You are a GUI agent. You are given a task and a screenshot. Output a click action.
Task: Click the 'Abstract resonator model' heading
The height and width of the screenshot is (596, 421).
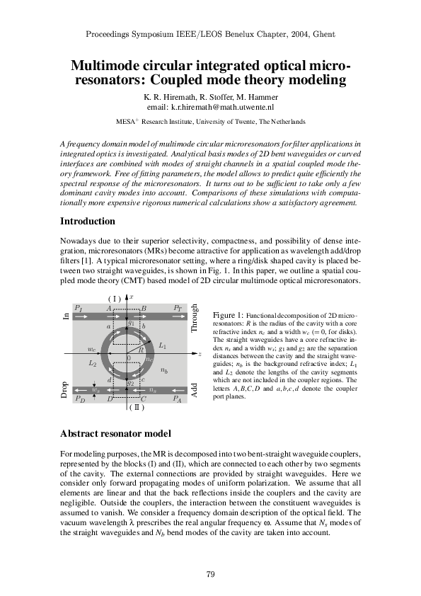click(115, 432)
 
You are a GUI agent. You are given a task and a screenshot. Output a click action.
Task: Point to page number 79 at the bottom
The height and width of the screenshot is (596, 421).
click(210, 574)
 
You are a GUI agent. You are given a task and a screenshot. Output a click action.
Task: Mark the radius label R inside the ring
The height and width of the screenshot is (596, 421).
click(142, 350)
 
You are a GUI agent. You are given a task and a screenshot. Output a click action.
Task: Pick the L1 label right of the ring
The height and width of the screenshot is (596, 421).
click(163, 345)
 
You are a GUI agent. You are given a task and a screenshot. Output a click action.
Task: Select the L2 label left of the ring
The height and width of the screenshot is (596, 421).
click(92, 363)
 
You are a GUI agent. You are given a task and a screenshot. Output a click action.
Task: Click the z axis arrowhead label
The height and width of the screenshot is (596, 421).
click(200, 353)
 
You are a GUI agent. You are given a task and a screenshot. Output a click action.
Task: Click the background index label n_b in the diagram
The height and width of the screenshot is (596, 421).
click(164, 370)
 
